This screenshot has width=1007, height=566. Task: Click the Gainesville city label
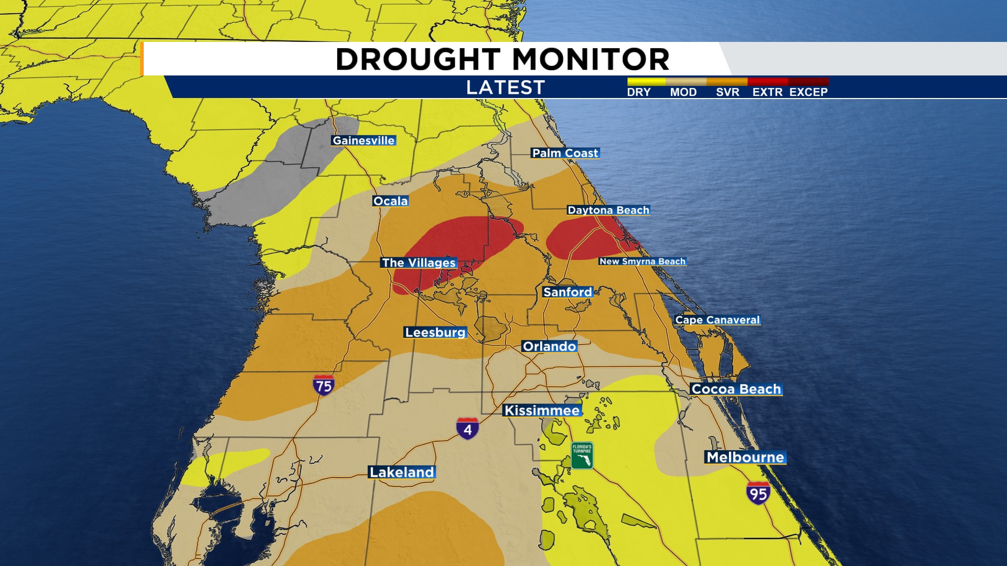pos(363,140)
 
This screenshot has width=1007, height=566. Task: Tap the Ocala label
pos(390,201)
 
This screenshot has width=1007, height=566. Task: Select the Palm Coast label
pos(565,153)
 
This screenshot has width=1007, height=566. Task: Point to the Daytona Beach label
pos(608,210)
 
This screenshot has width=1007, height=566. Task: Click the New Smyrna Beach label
pos(642,262)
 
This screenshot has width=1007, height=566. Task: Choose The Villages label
pos(419,263)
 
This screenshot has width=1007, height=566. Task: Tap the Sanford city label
pos(567,292)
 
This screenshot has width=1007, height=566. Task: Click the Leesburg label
pos(435,332)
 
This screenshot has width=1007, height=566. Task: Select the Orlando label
pos(549,346)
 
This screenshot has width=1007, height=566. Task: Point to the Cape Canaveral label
pos(717,320)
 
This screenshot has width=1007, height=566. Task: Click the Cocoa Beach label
pos(736,389)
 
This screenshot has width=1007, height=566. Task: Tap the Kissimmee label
pos(542,410)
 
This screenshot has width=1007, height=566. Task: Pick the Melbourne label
pos(745,458)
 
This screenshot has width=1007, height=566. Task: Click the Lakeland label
pos(402,472)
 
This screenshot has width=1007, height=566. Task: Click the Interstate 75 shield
pos(324,385)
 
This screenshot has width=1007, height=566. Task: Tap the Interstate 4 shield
pos(467,429)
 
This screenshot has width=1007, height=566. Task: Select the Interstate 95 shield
pos(758,493)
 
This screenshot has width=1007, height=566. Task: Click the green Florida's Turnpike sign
pos(582,455)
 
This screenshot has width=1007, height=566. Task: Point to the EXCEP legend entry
pos(808,92)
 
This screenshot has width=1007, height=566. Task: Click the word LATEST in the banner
pos(506,88)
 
